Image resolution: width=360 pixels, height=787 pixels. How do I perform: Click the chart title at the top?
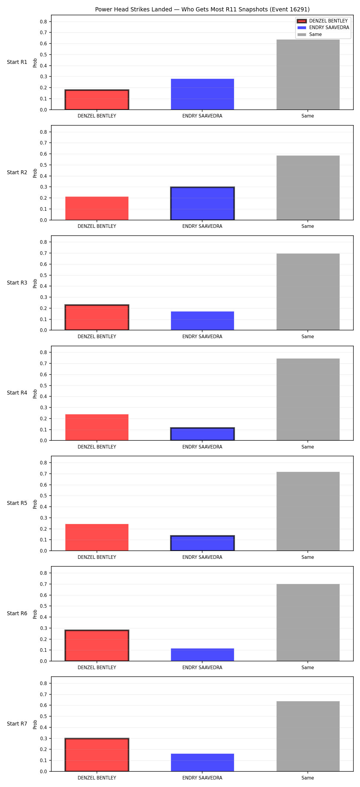[202, 10]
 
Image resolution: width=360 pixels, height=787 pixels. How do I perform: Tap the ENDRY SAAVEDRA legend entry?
[323, 28]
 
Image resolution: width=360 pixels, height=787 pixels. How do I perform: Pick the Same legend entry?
[310, 34]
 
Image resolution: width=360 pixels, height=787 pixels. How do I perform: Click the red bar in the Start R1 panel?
[97, 100]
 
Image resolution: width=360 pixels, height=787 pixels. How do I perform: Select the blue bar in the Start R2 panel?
[202, 204]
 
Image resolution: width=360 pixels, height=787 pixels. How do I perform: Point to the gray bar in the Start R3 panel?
[308, 292]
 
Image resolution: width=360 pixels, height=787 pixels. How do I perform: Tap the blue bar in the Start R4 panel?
[202, 434]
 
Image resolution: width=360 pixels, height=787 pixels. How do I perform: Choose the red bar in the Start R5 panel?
[97, 537]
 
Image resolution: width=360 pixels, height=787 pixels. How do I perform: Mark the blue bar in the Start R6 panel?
[202, 655]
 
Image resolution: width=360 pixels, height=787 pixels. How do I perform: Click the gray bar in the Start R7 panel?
[308, 736]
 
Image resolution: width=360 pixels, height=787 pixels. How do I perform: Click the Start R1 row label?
[17, 62]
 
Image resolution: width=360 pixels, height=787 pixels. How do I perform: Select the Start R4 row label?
[17, 393]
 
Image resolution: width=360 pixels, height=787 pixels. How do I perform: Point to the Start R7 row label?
[17, 724]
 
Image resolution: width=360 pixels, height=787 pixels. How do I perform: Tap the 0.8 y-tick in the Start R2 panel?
[43, 132]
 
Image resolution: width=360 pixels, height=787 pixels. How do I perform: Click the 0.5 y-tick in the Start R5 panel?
[43, 496]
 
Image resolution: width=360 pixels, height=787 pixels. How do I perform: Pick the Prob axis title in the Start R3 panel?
[35, 283]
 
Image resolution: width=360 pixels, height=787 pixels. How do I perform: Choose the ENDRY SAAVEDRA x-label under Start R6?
[202, 668]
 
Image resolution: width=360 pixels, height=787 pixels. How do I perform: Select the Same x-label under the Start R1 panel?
[308, 116]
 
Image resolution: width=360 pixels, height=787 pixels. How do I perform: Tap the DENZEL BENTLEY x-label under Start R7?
[97, 778]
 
